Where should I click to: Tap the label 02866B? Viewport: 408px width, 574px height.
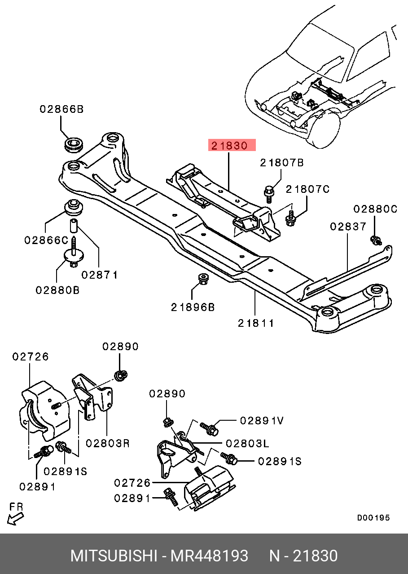point(61,109)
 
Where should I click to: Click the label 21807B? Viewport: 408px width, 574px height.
point(282,163)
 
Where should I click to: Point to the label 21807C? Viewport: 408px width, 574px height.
point(307,189)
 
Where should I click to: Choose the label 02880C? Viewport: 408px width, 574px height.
point(375,209)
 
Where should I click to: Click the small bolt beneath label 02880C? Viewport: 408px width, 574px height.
point(375,240)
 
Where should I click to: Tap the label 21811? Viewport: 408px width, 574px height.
point(256,322)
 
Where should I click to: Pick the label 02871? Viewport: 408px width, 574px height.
point(100,275)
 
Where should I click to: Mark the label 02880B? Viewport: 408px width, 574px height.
point(57,290)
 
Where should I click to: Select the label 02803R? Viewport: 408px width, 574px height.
point(108,443)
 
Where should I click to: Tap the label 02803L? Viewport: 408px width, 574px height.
point(247,443)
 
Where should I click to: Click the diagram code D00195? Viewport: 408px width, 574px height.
point(373,518)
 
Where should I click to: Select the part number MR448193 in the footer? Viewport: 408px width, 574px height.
point(209,556)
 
